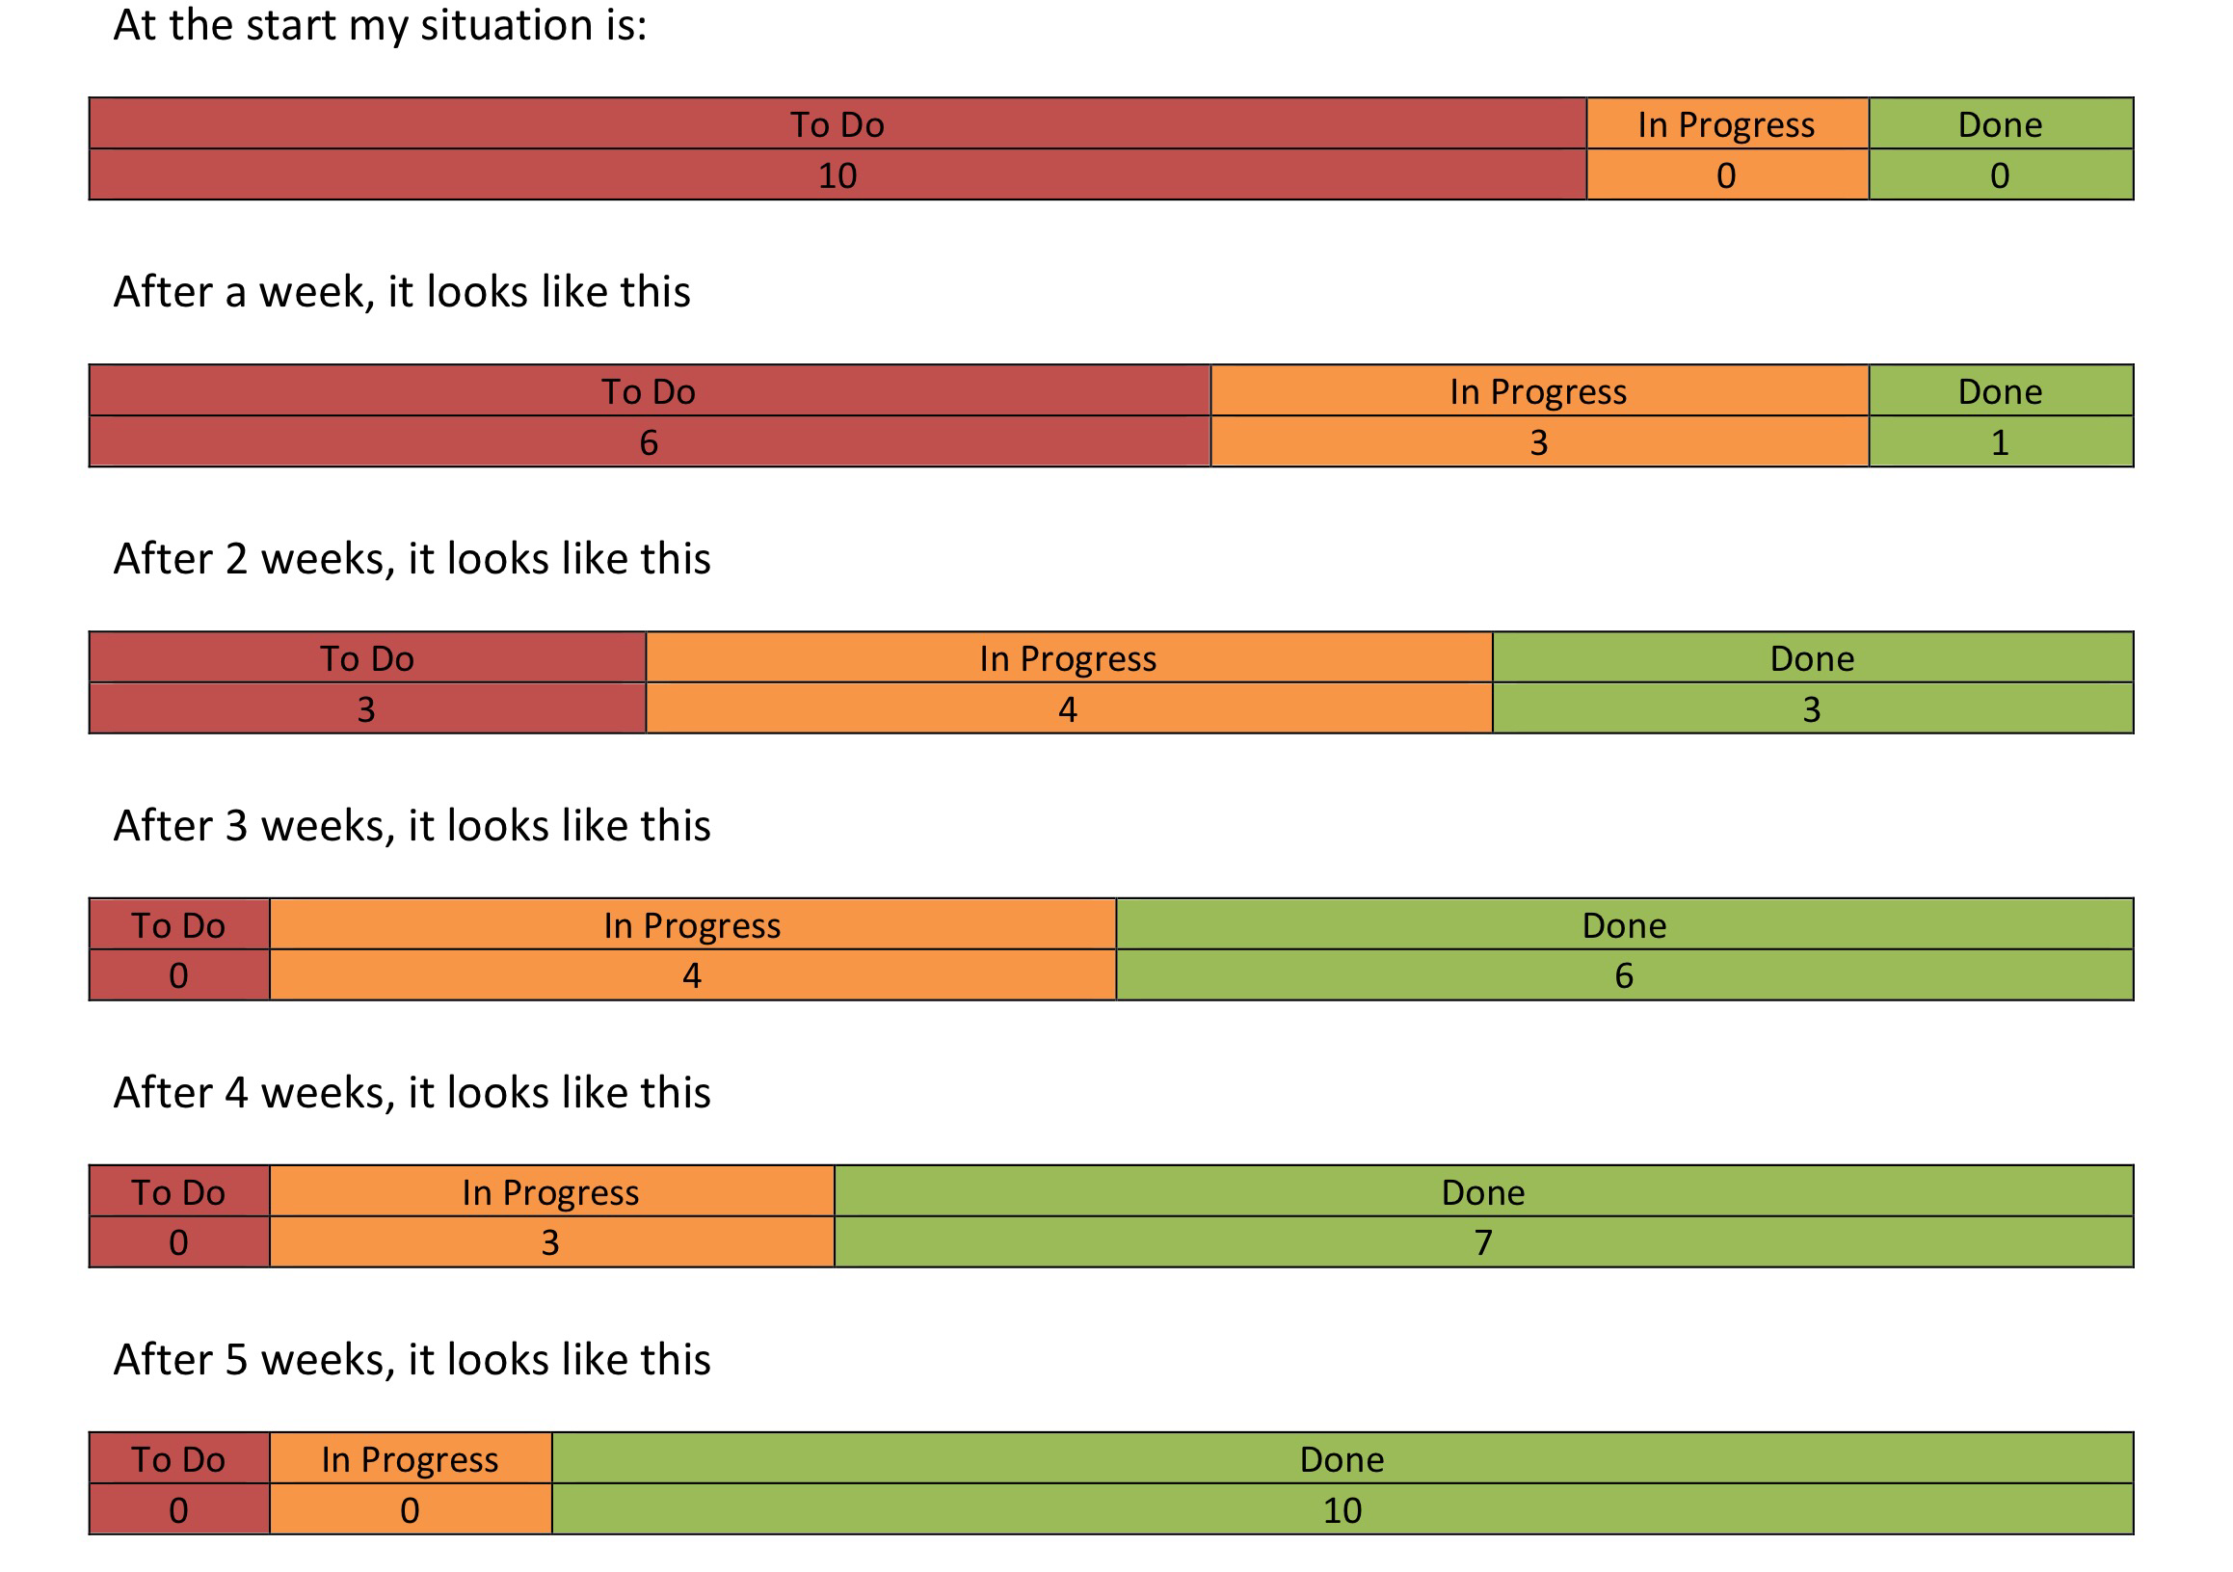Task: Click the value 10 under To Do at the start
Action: point(837,176)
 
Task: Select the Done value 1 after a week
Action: point(1999,442)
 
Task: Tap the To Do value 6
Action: point(649,442)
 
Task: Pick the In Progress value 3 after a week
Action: point(1537,442)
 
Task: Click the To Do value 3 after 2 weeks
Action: point(365,709)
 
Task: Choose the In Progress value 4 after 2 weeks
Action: point(1067,709)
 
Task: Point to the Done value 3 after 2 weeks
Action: point(1811,709)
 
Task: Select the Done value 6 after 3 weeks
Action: point(1623,975)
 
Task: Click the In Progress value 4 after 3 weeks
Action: point(692,975)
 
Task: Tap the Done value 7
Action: point(1482,1242)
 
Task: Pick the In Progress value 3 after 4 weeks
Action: point(549,1242)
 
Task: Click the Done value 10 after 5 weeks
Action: point(1342,1509)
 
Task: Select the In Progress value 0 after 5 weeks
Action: point(410,1509)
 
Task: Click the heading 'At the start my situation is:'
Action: point(380,25)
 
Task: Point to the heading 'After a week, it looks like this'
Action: point(402,292)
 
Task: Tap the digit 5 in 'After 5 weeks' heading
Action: point(237,1360)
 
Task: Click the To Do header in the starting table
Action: point(837,124)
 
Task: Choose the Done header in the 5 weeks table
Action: point(1342,1459)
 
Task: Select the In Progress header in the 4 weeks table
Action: point(549,1192)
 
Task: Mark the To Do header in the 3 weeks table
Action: point(178,925)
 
